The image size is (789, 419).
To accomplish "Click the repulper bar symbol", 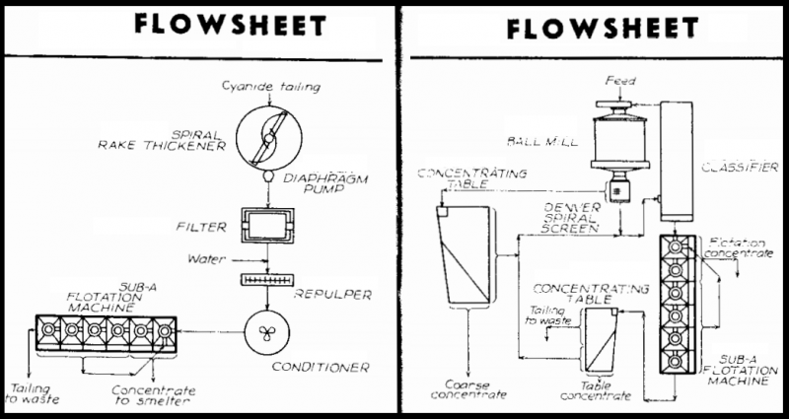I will coord(268,281).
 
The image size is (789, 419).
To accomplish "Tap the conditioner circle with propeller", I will coord(268,330).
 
